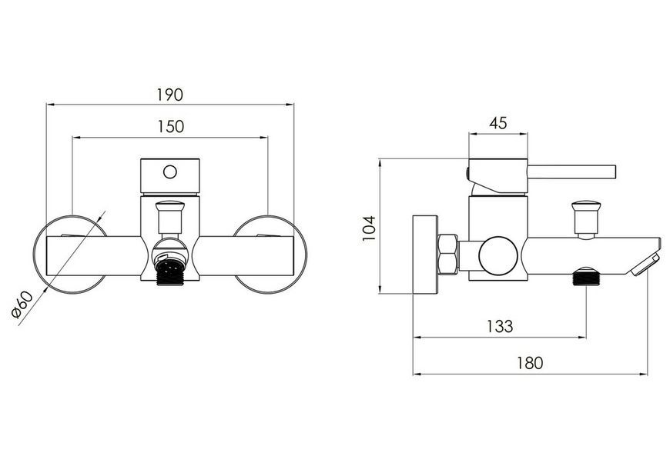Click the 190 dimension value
click(170, 95)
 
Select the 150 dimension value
click(171, 127)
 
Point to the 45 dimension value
click(498, 123)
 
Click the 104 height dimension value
click(368, 228)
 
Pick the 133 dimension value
click(500, 326)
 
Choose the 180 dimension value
click(530, 364)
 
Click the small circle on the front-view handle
click(170, 172)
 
